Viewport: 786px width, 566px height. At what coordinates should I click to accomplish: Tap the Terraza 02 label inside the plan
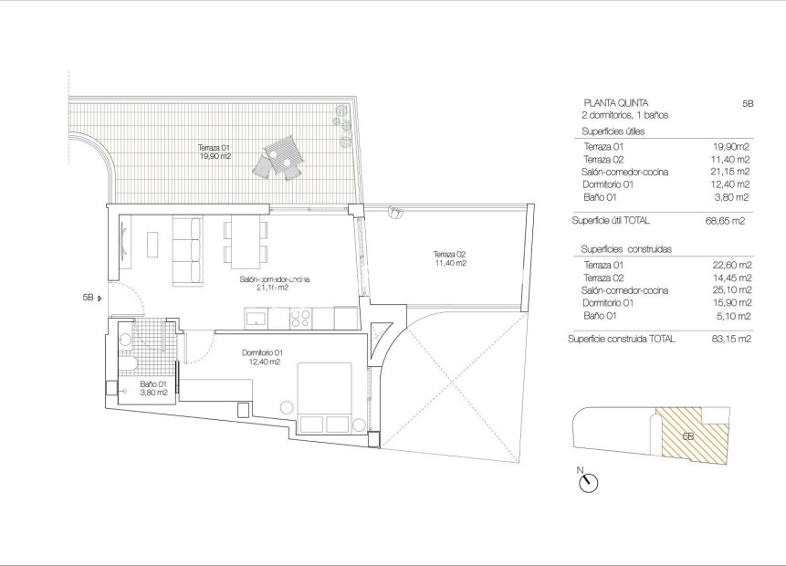(x=450, y=257)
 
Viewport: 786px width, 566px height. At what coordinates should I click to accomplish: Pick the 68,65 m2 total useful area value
(x=731, y=221)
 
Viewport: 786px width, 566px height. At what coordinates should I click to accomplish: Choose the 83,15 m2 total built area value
(x=731, y=339)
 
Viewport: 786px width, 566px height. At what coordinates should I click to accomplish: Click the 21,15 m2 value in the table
(x=731, y=172)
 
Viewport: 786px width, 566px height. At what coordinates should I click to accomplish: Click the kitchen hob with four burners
(x=299, y=318)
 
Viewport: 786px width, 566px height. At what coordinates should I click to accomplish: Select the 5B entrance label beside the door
(x=88, y=297)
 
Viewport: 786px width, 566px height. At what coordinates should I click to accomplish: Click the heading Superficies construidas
(x=625, y=249)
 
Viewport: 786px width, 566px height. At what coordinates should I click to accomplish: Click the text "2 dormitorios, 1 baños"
(x=626, y=116)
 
